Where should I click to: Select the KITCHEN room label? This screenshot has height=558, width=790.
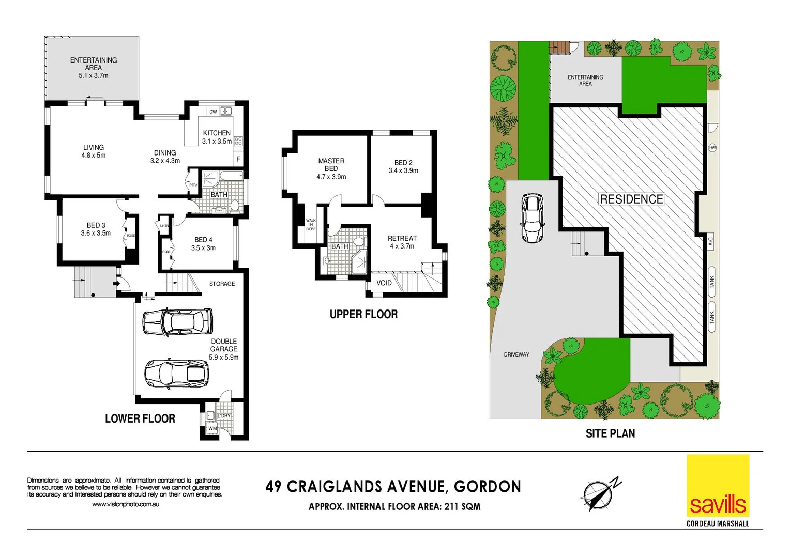(x=217, y=133)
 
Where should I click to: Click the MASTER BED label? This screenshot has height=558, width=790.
(x=331, y=165)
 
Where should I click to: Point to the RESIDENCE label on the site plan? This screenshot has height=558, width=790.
(x=631, y=199)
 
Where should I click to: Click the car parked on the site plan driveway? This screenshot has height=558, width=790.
(x=532, y=218)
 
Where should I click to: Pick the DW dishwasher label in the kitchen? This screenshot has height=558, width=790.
(x=213, y=112)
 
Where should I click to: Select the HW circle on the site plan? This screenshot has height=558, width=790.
(x=712, y=148)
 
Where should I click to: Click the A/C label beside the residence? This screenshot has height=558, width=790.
(x=710, y=242)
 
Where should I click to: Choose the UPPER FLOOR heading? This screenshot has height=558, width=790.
(x=363, y=314)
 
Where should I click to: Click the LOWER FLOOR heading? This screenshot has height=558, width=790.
(x=140, y=419)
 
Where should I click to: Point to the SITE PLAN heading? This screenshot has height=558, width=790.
(x=610, y=433)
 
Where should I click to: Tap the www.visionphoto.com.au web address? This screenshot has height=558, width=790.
(x=126, y=504)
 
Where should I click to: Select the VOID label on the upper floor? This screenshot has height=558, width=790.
(x=384, y=283)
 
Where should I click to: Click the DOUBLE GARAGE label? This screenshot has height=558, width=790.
(x=224, y=345)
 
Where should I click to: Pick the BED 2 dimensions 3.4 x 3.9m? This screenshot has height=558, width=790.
(x=403, y=171)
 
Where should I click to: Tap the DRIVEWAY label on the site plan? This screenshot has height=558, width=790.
(x=516, y=354)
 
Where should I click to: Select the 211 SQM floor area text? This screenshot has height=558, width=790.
(x=462, y=507)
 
